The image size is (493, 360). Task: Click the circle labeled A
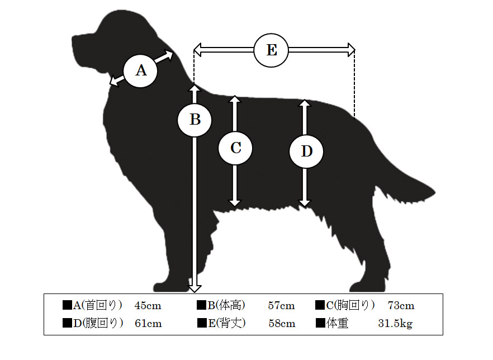[x=140, y=70]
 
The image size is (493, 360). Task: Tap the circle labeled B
[x=195, y=120]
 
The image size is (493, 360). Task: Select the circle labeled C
[x=235, y=148]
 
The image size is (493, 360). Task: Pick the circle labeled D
[x=306, y=151]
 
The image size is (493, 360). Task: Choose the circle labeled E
[x=271, y=50]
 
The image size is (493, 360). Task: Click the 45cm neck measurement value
[x=148, y=306]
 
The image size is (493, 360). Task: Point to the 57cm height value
[x=281, y=306]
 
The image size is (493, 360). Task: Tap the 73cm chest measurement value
[x=401, y=306]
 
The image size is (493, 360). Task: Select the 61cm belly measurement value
[x=148, y=324]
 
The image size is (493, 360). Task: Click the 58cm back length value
[x=282, y=324]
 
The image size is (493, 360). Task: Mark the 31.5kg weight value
[x=395, y=324]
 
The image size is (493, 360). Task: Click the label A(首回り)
[x=97, y=305]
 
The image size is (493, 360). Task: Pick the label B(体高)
[x=226, y=305]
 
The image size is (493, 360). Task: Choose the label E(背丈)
[x=227, y=323]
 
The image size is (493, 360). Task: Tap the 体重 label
[x=338, y=323]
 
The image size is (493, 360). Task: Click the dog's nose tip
[x=73, y=39]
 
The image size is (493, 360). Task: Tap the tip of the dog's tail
[x=435, y=191]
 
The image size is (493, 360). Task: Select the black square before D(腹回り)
[x=67, y=323]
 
